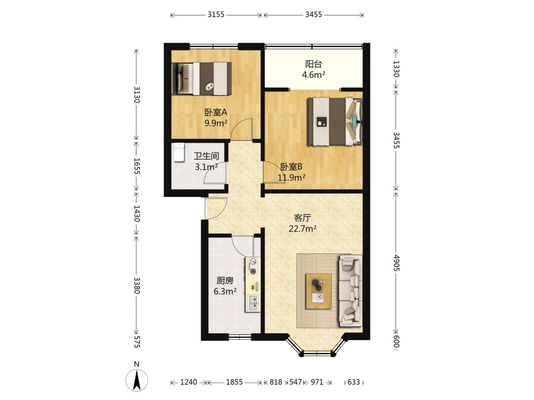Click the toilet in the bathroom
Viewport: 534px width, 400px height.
(x=179, y=152)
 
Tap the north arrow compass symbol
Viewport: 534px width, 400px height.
(x=137, y=380)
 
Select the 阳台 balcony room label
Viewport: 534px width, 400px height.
(x=313, y=64)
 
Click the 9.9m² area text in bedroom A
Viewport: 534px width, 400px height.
(x=216, y=123)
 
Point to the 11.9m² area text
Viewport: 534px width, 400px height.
(x=291, y=177)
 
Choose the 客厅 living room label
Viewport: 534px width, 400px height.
(x=303, y=218)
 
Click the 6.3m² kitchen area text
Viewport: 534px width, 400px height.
(x=225, y=291)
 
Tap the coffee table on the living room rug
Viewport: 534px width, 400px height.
(x=318, y=291)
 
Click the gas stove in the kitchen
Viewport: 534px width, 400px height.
(x=253, y=267)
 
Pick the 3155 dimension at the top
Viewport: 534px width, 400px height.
(x=216, y=15)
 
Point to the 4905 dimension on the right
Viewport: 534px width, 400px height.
(x=396, y=263)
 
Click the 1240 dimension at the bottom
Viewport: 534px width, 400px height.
(x=189, y=382)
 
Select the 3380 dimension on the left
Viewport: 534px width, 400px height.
(x=136, y=285)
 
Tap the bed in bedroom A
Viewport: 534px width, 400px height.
(x=202, y=79)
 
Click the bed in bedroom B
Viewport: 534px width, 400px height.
(x=335, y=121)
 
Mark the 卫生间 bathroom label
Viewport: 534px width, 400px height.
(x=206, y=156)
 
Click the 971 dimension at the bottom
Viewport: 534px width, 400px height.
(x=317, y=382)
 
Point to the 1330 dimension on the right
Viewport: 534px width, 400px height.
(x=396, y=69)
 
